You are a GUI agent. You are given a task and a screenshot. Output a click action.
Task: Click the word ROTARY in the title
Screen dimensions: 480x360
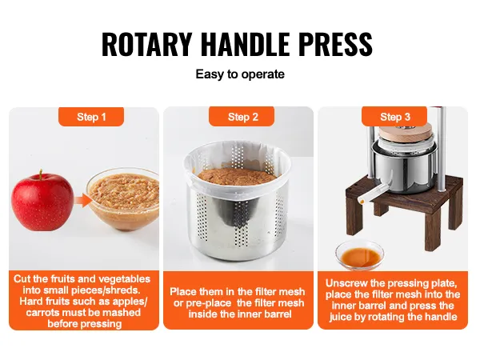[146, 44]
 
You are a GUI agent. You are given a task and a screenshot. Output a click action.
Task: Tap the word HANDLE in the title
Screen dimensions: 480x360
[246, 44]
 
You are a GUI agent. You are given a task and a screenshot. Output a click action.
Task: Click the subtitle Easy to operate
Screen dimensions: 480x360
[240, 74]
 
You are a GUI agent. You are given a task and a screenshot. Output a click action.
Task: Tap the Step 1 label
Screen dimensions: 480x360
[91, 117]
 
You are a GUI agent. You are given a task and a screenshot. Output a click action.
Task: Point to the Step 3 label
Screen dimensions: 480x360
[395, 117]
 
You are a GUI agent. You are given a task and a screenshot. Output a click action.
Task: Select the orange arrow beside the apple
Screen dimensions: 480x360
[83, 202]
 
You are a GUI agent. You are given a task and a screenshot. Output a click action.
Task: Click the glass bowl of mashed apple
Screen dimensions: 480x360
[122, 196]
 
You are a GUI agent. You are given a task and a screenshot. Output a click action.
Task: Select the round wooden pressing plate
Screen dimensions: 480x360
[404, 133]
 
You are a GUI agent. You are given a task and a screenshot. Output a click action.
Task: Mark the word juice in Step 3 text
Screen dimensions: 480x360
[341, 317]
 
